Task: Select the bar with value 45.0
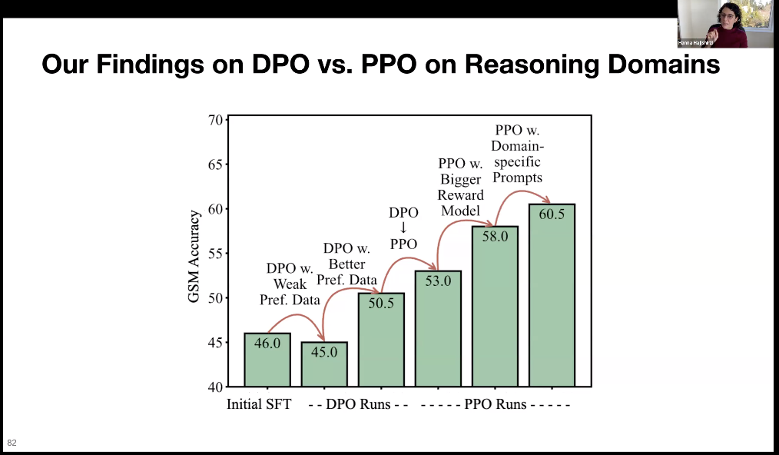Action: tap(324, 364)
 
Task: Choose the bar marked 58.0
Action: tap(495, 307)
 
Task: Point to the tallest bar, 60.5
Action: tap(552, 295)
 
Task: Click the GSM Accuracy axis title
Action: tap(194, 257)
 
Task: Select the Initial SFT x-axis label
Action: tap(260, 404)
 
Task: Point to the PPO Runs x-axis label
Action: tap(495, 404)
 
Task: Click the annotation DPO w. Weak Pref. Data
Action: tap(293, 284)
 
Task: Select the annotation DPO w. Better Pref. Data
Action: tap(346, 264)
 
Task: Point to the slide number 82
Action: tap(12, 443)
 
